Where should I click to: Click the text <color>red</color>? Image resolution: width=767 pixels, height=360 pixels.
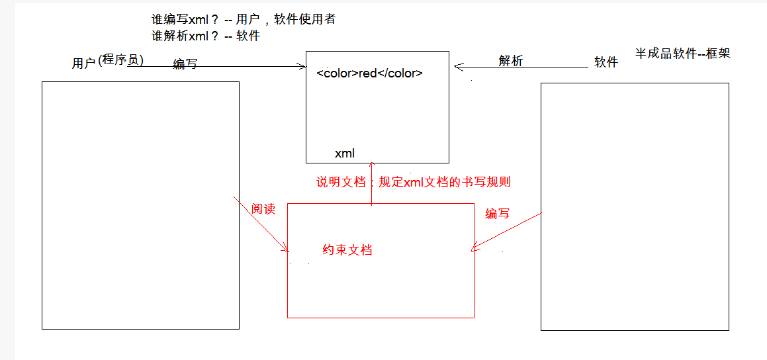pyautogui.click(x=369, y=73)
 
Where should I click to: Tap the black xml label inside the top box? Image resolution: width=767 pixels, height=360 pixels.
pyautogui.click(x=344, y=154)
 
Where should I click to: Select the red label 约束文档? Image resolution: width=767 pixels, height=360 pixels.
pyautogui.click(x=347, y=250)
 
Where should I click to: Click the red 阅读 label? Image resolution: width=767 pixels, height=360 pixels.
pyautogui.click(x=263, y=209)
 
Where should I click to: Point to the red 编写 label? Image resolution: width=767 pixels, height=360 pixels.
pyautogui.click(x=498, y=213)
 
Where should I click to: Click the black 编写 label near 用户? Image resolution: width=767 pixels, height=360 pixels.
pyautogui.click(x=185, y=64)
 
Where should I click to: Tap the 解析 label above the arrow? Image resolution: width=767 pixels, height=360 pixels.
pyautogui.click(x=510, y=61)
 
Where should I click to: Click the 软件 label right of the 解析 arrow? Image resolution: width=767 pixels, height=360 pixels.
pyautogui.click(x=606, y=62)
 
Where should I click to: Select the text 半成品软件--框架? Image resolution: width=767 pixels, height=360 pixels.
pyautogui.click(x=682, y=54)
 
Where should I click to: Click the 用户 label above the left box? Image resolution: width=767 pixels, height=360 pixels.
pyautogui.click(x=84, y=64)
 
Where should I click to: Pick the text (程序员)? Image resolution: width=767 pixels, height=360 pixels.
pyautogui.click(x=120, y=60)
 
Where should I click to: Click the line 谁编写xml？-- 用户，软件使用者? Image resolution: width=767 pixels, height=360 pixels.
pyautogui.click(x=243, y=20)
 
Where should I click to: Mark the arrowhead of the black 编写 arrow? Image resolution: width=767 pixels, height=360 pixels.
pyautogui.click(x=304, y=66)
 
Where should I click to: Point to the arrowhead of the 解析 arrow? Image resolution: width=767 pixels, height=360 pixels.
pyautogui.click(x=457, y=66)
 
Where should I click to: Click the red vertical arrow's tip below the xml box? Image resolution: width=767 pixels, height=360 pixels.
pyautogui.click(x=372, y=165)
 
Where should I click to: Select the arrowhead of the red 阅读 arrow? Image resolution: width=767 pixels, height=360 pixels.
pyautogui.click(x=287, y=249)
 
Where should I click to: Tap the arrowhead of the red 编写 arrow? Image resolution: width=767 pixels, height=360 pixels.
pyautogui.click(x=473, y=249)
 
